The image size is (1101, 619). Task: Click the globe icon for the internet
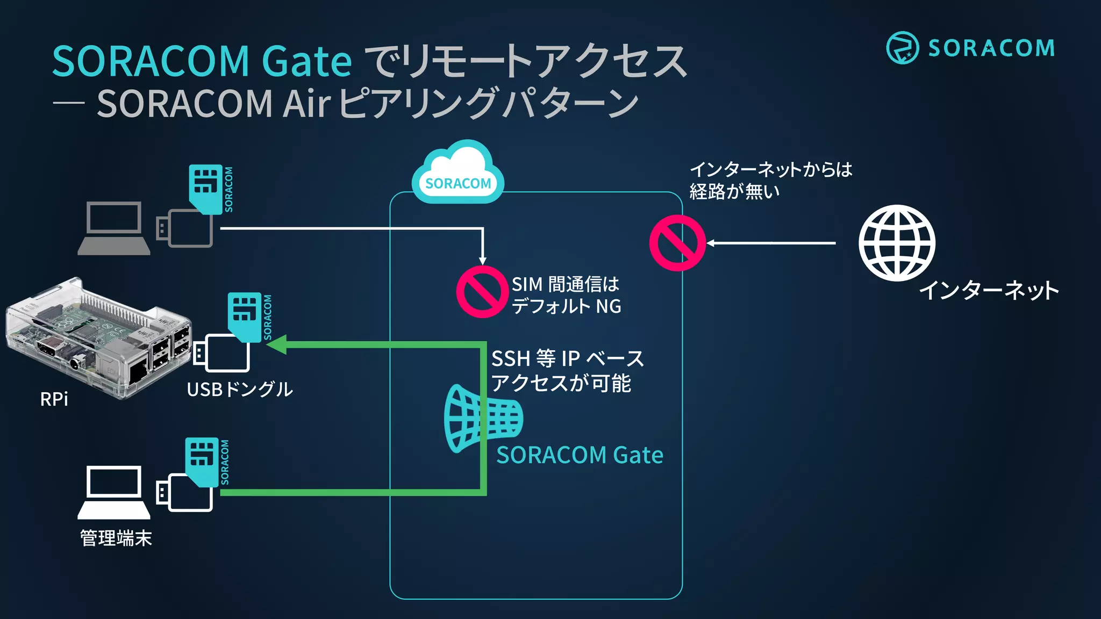(x=897, y=243)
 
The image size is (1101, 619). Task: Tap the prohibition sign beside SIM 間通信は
(x=482, y=292)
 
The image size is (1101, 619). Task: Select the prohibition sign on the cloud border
(x=677, y=243)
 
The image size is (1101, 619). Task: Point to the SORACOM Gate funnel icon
(x=482, y=418)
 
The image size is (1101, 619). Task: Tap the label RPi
(x=54, y=399)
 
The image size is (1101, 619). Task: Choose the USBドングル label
(x=240, y=390)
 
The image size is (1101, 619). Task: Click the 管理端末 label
(x=116, y=538)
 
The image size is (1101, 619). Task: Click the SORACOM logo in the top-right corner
(x=970, y=48)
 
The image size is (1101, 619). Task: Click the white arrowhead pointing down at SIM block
(x=483, y=261)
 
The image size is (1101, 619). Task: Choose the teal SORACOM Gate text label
(x=580, y=455)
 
